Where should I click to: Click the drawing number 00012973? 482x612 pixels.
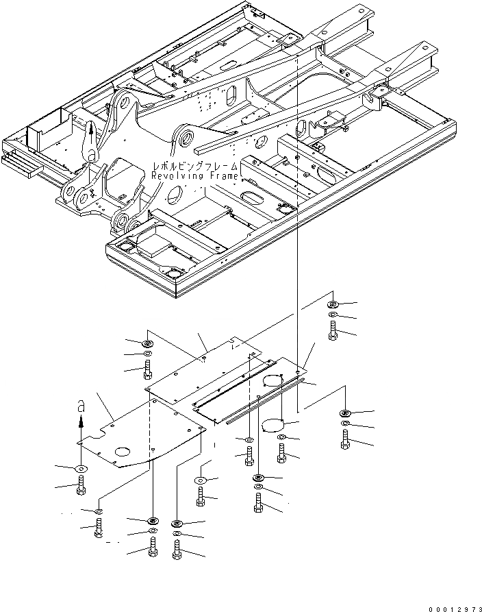click(454, 605)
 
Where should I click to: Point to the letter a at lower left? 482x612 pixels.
click(80, 407)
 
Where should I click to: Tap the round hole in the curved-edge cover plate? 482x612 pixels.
click(124, 452)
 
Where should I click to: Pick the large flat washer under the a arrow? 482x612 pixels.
click(81, 468)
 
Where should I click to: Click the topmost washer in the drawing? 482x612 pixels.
click(332, 304)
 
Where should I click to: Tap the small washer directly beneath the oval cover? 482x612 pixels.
click(282, 437)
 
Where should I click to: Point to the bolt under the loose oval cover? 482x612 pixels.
click(282, 452)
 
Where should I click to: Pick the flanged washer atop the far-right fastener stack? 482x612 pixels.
click(344, 413)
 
